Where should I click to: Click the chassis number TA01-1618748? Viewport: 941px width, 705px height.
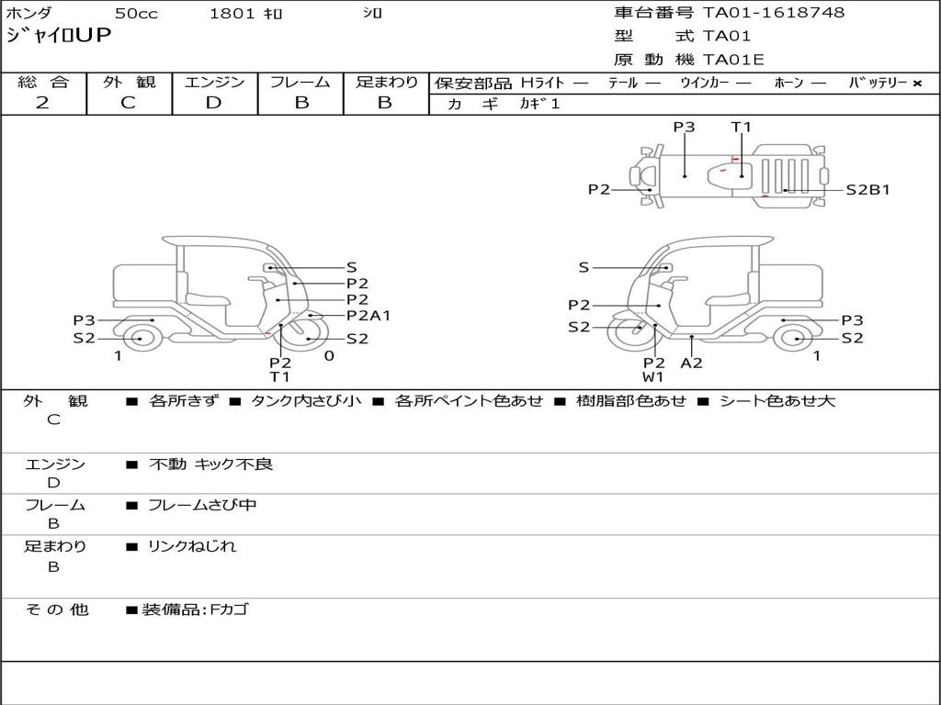point(774,13)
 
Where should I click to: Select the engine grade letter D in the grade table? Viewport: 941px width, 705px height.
point(213,103)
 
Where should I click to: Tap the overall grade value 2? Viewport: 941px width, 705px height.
point(42,103)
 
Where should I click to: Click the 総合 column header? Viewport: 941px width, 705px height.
point(43,82)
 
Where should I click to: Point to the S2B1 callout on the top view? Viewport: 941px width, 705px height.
point(867,190)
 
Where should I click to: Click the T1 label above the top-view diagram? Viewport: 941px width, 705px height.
point(742,127)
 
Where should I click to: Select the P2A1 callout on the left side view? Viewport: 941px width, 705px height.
point(368,316)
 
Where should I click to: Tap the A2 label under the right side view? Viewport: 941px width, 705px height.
point(691,363)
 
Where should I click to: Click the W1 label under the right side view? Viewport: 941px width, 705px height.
point(653,377)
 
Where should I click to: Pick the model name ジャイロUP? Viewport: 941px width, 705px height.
point(59,36)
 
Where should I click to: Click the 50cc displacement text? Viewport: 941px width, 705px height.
point(136,13)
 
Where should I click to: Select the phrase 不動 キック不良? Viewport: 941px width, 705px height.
point(210,464)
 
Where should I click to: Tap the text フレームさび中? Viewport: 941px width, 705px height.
point(202,505)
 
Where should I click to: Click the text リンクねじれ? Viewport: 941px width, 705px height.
point(192,546)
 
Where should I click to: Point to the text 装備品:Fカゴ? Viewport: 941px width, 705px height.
point(195,610)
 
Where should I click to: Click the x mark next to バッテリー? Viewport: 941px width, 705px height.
point(917,84)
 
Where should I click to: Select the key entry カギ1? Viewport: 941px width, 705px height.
point(539,104)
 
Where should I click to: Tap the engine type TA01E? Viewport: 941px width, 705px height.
point(733,60)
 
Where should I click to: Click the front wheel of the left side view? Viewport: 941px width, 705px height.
point(305,334)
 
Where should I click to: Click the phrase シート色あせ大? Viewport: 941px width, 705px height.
point(777,400)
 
